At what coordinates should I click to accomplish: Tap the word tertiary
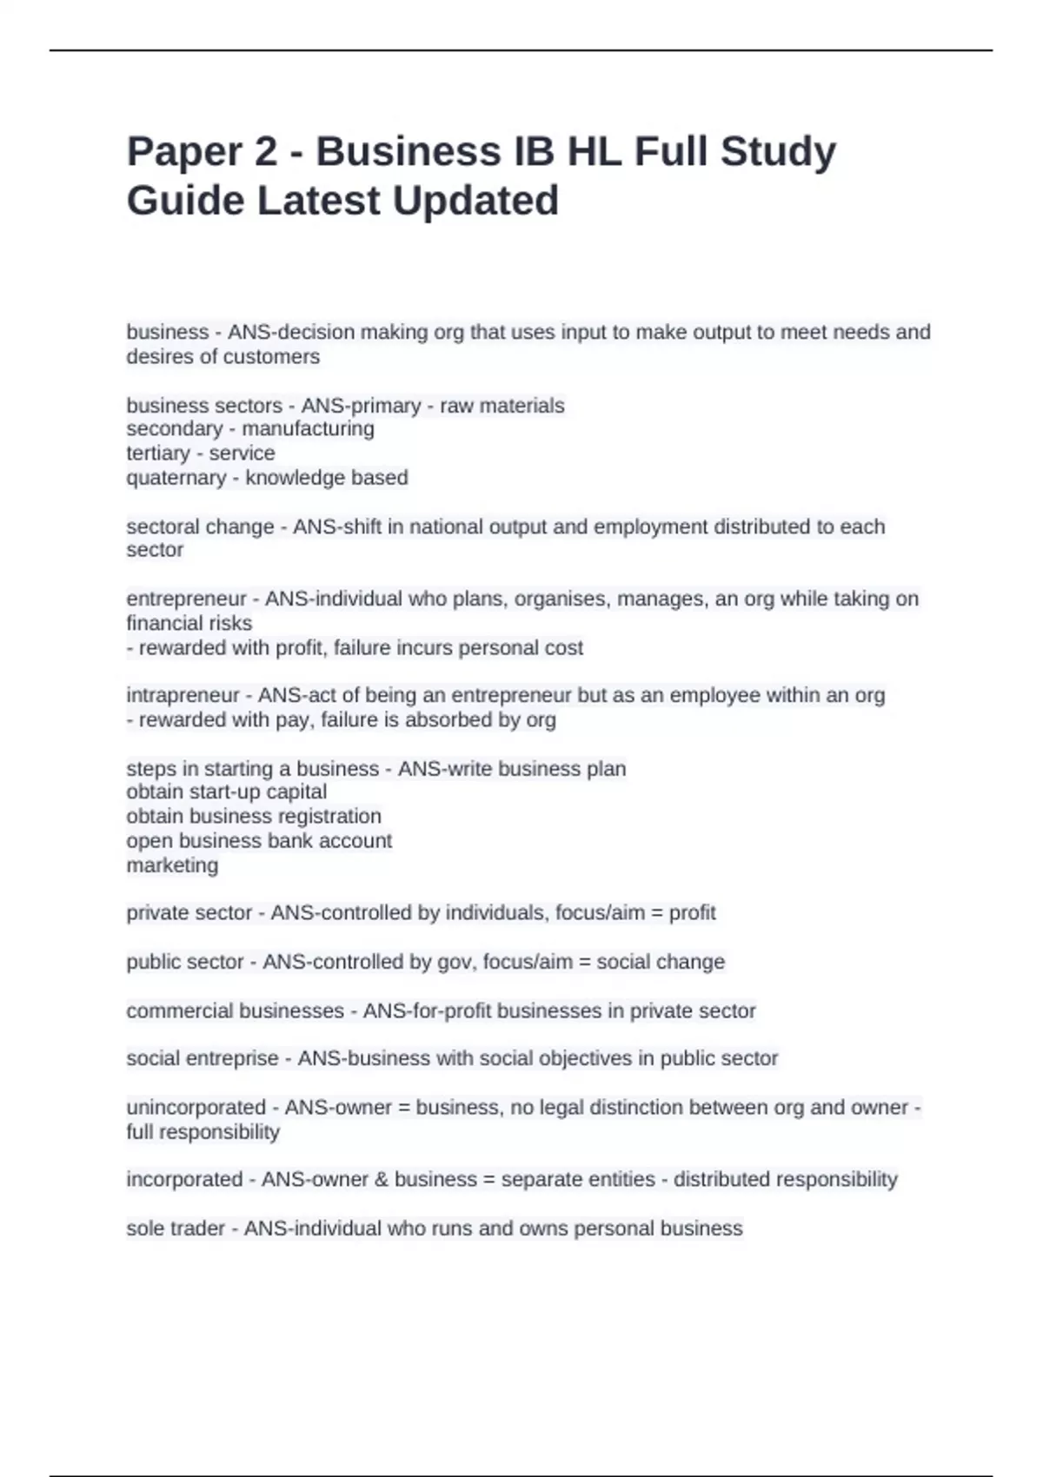tap(158, 453)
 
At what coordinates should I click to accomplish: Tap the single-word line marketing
tap(172, 865)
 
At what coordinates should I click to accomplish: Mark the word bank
tap(292, 840)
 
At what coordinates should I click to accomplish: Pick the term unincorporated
tap(196, 1108)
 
